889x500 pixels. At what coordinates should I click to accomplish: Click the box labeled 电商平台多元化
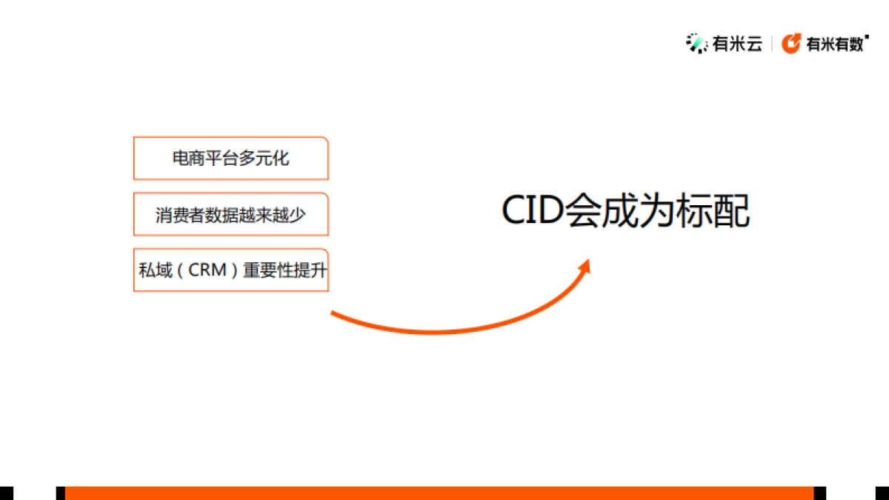pyautogui.click(x=230, y=158)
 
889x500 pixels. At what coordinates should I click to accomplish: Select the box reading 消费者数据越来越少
pyautogui.click(x=230, y=214)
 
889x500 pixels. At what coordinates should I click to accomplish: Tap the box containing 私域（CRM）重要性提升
pyautogui.click(x=230, y=270)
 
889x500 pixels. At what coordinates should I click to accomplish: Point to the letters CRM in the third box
pyautogui.click(x=207, y=270)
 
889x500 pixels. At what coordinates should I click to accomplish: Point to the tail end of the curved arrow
pyautogui.click(x=333, y=314)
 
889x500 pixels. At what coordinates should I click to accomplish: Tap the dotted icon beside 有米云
pyautogui.click(x=696, y=44)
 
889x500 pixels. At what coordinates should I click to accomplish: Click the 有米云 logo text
pyautogui.click(x=737, y=44)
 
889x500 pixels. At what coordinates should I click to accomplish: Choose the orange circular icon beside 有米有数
pyautogui.click(x=791, y=44)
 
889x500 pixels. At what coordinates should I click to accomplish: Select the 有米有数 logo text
pyautogui.click(x=835, y=44)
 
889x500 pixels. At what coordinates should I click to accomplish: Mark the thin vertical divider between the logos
pyautogui.click(x=772, y=44)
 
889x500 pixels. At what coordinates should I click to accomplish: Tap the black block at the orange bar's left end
pyautogui.click(x=61, y=493)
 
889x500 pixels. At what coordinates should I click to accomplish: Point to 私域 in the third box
pyautogui.click(x=153, y=270)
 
